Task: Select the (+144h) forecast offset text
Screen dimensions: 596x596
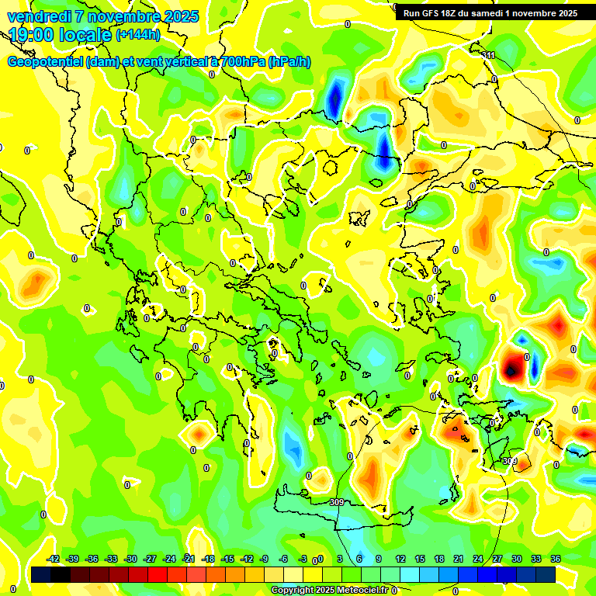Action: point(138,35)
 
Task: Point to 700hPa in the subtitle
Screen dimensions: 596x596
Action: point(241,62)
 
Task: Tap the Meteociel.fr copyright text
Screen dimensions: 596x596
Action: point(329,590)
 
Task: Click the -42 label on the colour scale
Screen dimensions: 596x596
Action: point(53,559)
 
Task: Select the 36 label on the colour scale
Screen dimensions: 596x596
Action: point(556,559)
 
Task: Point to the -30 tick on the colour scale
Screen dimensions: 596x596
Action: point(130,559)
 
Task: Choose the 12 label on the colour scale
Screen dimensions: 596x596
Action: point(400,559)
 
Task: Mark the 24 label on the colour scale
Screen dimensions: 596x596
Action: point(478,559)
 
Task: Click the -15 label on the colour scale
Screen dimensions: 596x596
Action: point(227,559)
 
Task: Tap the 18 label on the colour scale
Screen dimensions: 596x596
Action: point(439,559)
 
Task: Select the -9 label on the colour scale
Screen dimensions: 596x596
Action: point(265,559)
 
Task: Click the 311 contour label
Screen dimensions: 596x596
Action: point(488,55)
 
